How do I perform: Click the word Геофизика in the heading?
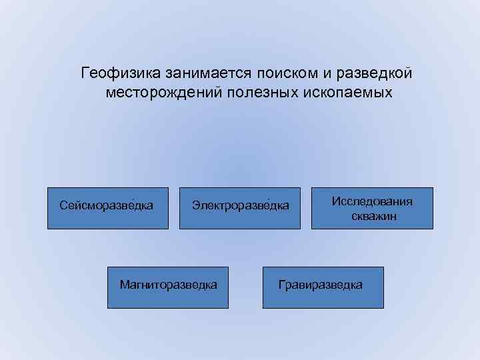click(115, 71)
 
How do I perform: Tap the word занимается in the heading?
click(195, 71)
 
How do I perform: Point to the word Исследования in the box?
click(372, 201)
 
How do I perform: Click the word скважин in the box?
click(372, 215)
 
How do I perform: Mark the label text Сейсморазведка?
click(107, 205)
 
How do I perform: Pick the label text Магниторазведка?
click(168, 285)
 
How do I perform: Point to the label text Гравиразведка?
click(321, 285)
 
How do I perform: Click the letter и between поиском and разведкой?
click(311, 71)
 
